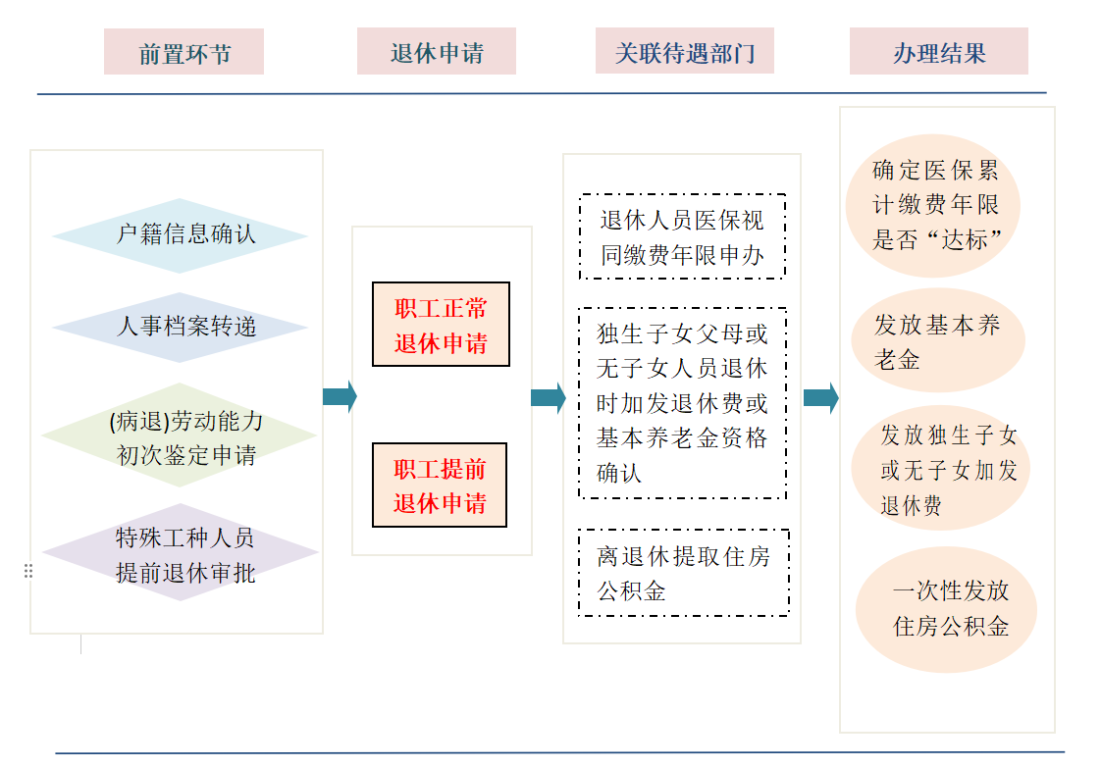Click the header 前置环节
tap(183, 52)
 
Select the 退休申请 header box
tap(436, 52)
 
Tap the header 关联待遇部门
tap(684, 51)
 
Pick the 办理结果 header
tap(938, 52)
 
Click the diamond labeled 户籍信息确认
tap(181, 235)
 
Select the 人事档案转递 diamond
tap(181, 327)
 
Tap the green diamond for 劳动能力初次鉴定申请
tap(181, 436)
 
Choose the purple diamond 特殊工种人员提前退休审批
tap(181, 554)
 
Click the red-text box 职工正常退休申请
tap(441, 325)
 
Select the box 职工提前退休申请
tap(441, 485)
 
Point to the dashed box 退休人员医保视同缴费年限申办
tap(682, 237)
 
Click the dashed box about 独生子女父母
tap(682, 403)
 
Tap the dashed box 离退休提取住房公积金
tap(683, 573)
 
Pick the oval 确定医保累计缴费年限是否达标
tap(934, 205)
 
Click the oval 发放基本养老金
tap(936, 341)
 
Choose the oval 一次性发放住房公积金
tap(946, 608)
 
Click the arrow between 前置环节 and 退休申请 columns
tap(340, 397)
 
